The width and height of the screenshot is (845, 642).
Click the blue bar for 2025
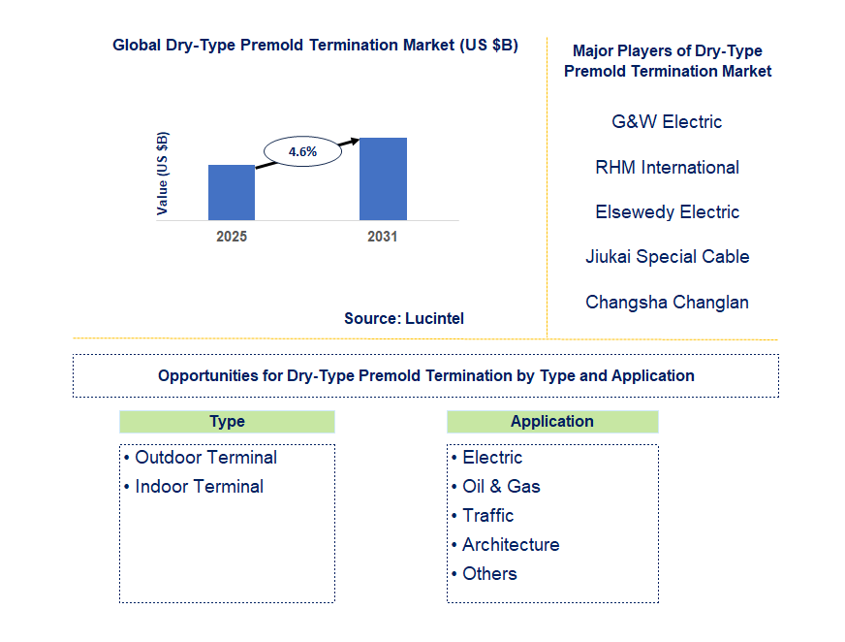(x=232, y=193)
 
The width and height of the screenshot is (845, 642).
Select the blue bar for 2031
(x=383, y=179)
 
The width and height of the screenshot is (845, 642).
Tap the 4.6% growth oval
(x=303, y=151)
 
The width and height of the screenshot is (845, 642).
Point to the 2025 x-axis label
(x=232, y=237)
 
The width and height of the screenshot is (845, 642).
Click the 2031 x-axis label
(x=382, y=237)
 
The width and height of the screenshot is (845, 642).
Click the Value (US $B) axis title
(x=163, y=172)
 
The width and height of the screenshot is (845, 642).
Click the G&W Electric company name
(x=667, y=122)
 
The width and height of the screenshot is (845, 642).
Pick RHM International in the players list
(x=667, y=168)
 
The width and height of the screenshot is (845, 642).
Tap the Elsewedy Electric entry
(x=667, y=212)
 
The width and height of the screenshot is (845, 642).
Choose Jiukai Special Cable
(x=667, y=257)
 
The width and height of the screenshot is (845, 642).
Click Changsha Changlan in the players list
(x=667, y=303)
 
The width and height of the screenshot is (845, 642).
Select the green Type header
(x=227, y=422)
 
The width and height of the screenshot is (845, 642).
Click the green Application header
(x=552, y=422)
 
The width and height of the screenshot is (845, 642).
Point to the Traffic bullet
(x=487, y=516)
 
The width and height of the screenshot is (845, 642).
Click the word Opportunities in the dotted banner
(x=204, y=376)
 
